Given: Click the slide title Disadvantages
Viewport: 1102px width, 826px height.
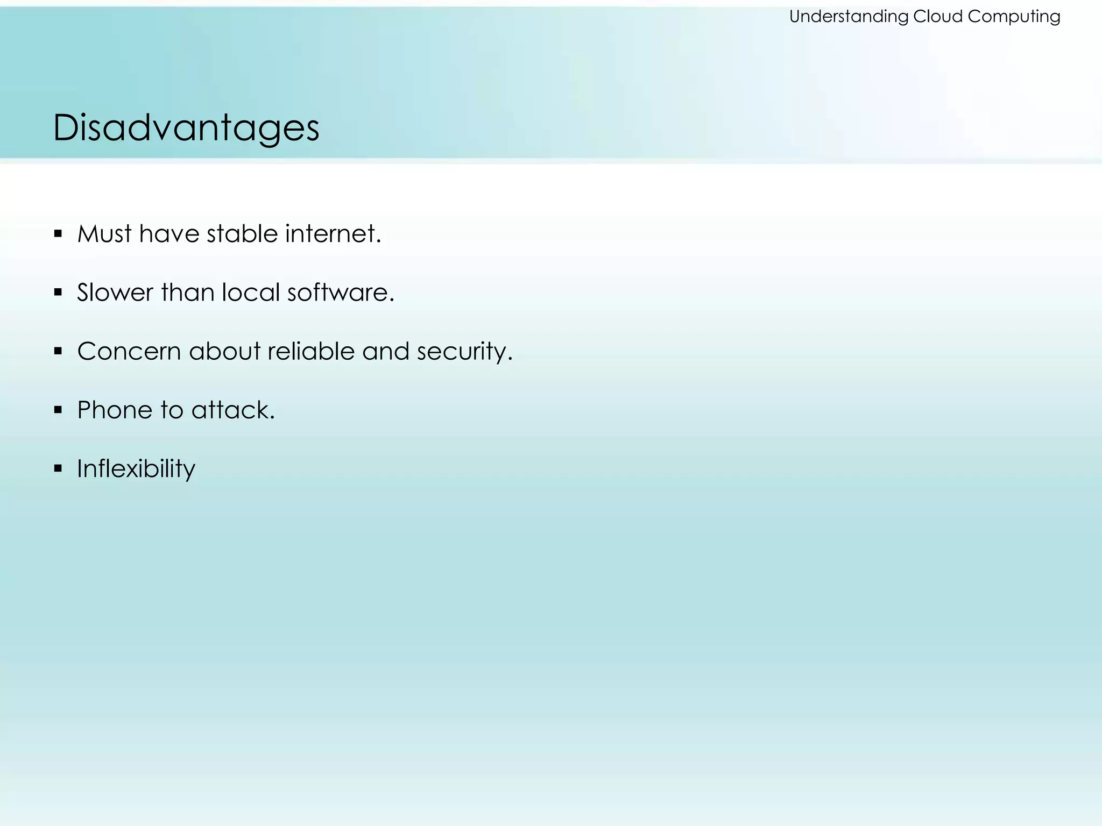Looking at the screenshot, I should [x=186, y=128].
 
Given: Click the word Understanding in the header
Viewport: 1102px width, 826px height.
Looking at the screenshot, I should [x=849, y=17].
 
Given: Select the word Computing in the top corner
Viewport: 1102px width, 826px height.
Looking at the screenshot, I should [x=1014, y=17].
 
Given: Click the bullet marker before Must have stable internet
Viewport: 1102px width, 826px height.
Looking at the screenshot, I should [x=58, y=234].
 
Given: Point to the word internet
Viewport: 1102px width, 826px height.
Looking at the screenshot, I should [x=333, y=234].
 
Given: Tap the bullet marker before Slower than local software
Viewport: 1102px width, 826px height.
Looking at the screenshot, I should [x=58, y=293].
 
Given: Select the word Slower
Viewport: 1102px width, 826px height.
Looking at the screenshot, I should [x=115, y=293].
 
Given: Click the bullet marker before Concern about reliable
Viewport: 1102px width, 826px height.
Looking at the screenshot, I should [x=58, y=351].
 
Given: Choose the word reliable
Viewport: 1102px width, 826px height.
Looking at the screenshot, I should [x=311, y=351].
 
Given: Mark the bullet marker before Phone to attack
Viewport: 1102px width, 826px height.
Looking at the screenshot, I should [x=58, y=410].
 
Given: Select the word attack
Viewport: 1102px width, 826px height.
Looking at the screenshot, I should [x=232, y=410].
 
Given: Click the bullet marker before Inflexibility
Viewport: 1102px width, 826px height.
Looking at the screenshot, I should [x=58, y=468].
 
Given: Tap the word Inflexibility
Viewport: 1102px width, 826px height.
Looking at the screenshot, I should [x=136, y=468].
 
